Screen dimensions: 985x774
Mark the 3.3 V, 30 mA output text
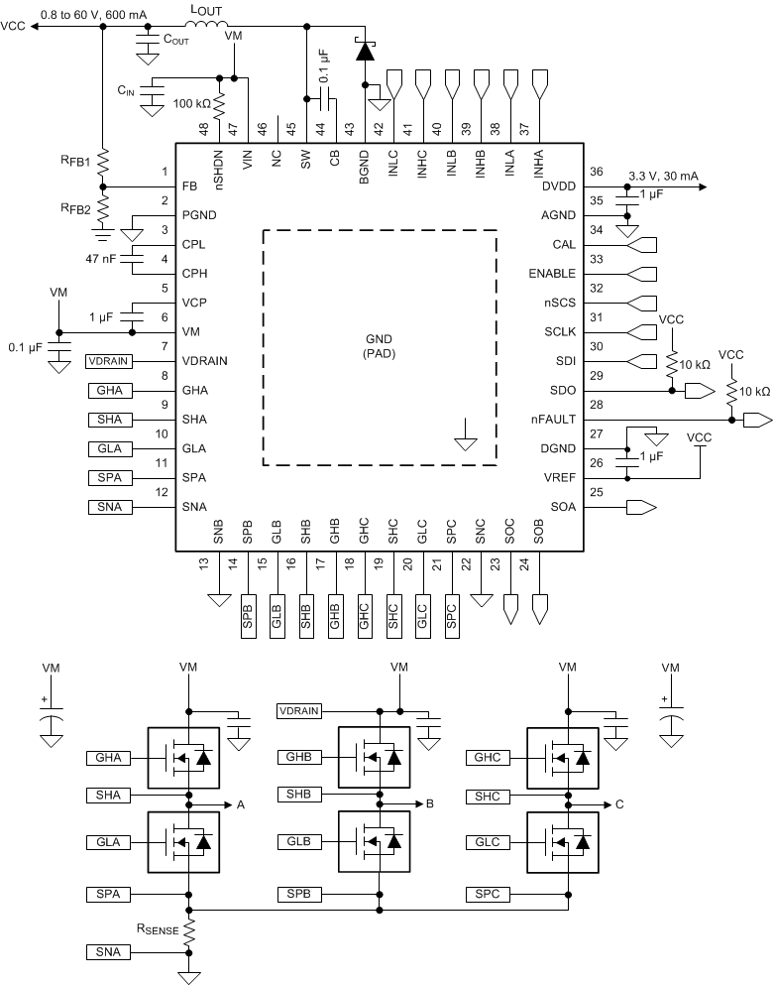pos(663,176)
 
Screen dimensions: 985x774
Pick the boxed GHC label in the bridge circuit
pos(487,757)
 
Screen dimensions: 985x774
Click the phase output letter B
pos(430,804)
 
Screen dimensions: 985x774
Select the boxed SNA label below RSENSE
pos(108,952)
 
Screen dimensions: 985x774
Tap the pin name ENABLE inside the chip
pos(549,274)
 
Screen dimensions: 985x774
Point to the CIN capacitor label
pos(125,90)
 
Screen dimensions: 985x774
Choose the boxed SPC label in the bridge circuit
pos(487,895)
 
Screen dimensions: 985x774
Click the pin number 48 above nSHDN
pos(203,129)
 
